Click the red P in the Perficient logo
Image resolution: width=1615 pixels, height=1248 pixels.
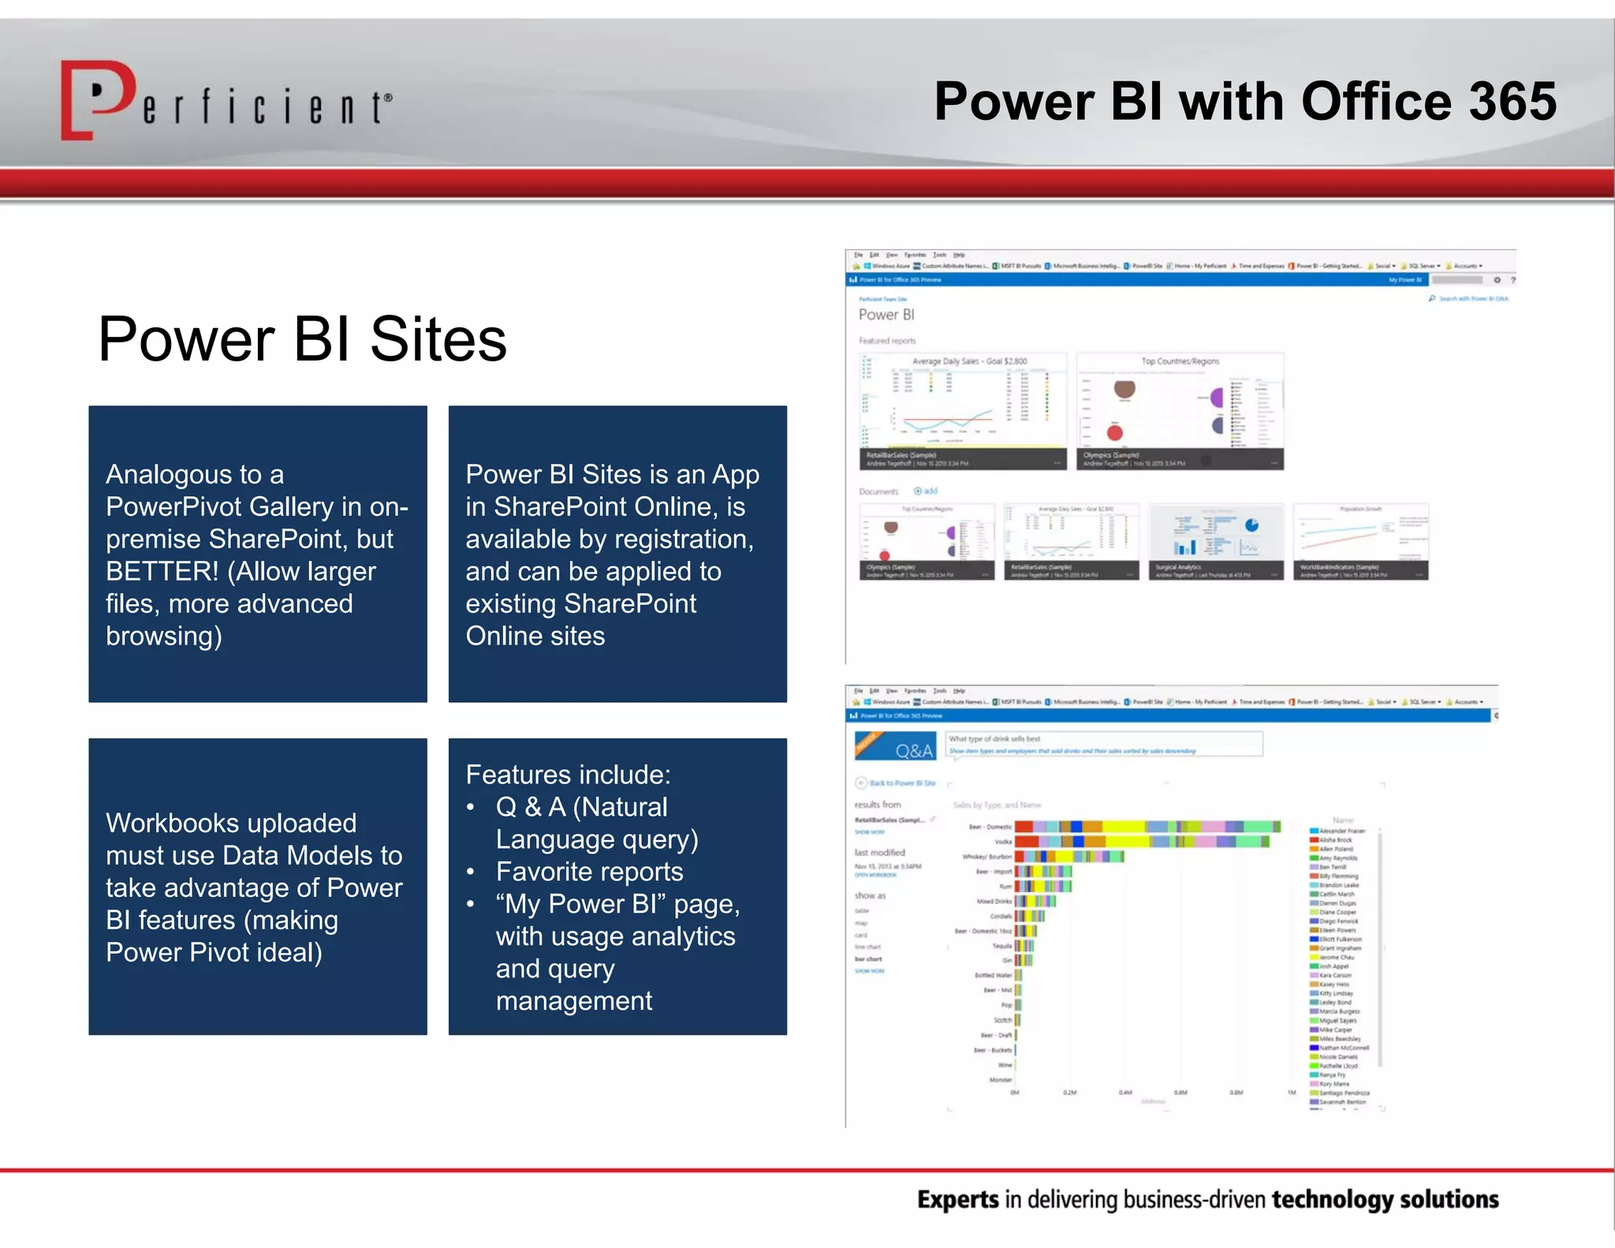(99, 99)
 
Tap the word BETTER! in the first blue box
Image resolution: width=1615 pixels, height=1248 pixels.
(162, 571)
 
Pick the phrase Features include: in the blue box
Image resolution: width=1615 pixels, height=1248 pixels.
(568, 775)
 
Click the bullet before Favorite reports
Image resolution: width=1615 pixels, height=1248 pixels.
(471, 872)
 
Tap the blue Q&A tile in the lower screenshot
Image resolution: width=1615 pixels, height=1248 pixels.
(895, 746)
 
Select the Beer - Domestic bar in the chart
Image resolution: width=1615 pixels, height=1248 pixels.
(1147, 827)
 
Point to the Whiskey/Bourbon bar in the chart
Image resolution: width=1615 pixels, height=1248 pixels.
(1069, 857)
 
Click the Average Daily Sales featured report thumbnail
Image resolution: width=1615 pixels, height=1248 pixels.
(962, 411)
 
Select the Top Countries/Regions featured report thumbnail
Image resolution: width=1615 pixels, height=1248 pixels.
(1180, 411)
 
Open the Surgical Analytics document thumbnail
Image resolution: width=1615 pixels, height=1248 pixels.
(1216, 541)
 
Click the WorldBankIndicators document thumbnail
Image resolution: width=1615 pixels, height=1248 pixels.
(1360, 541)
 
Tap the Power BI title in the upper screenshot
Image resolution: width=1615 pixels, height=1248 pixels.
(886, 315)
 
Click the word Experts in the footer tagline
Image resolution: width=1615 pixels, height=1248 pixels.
(958, 1200)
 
